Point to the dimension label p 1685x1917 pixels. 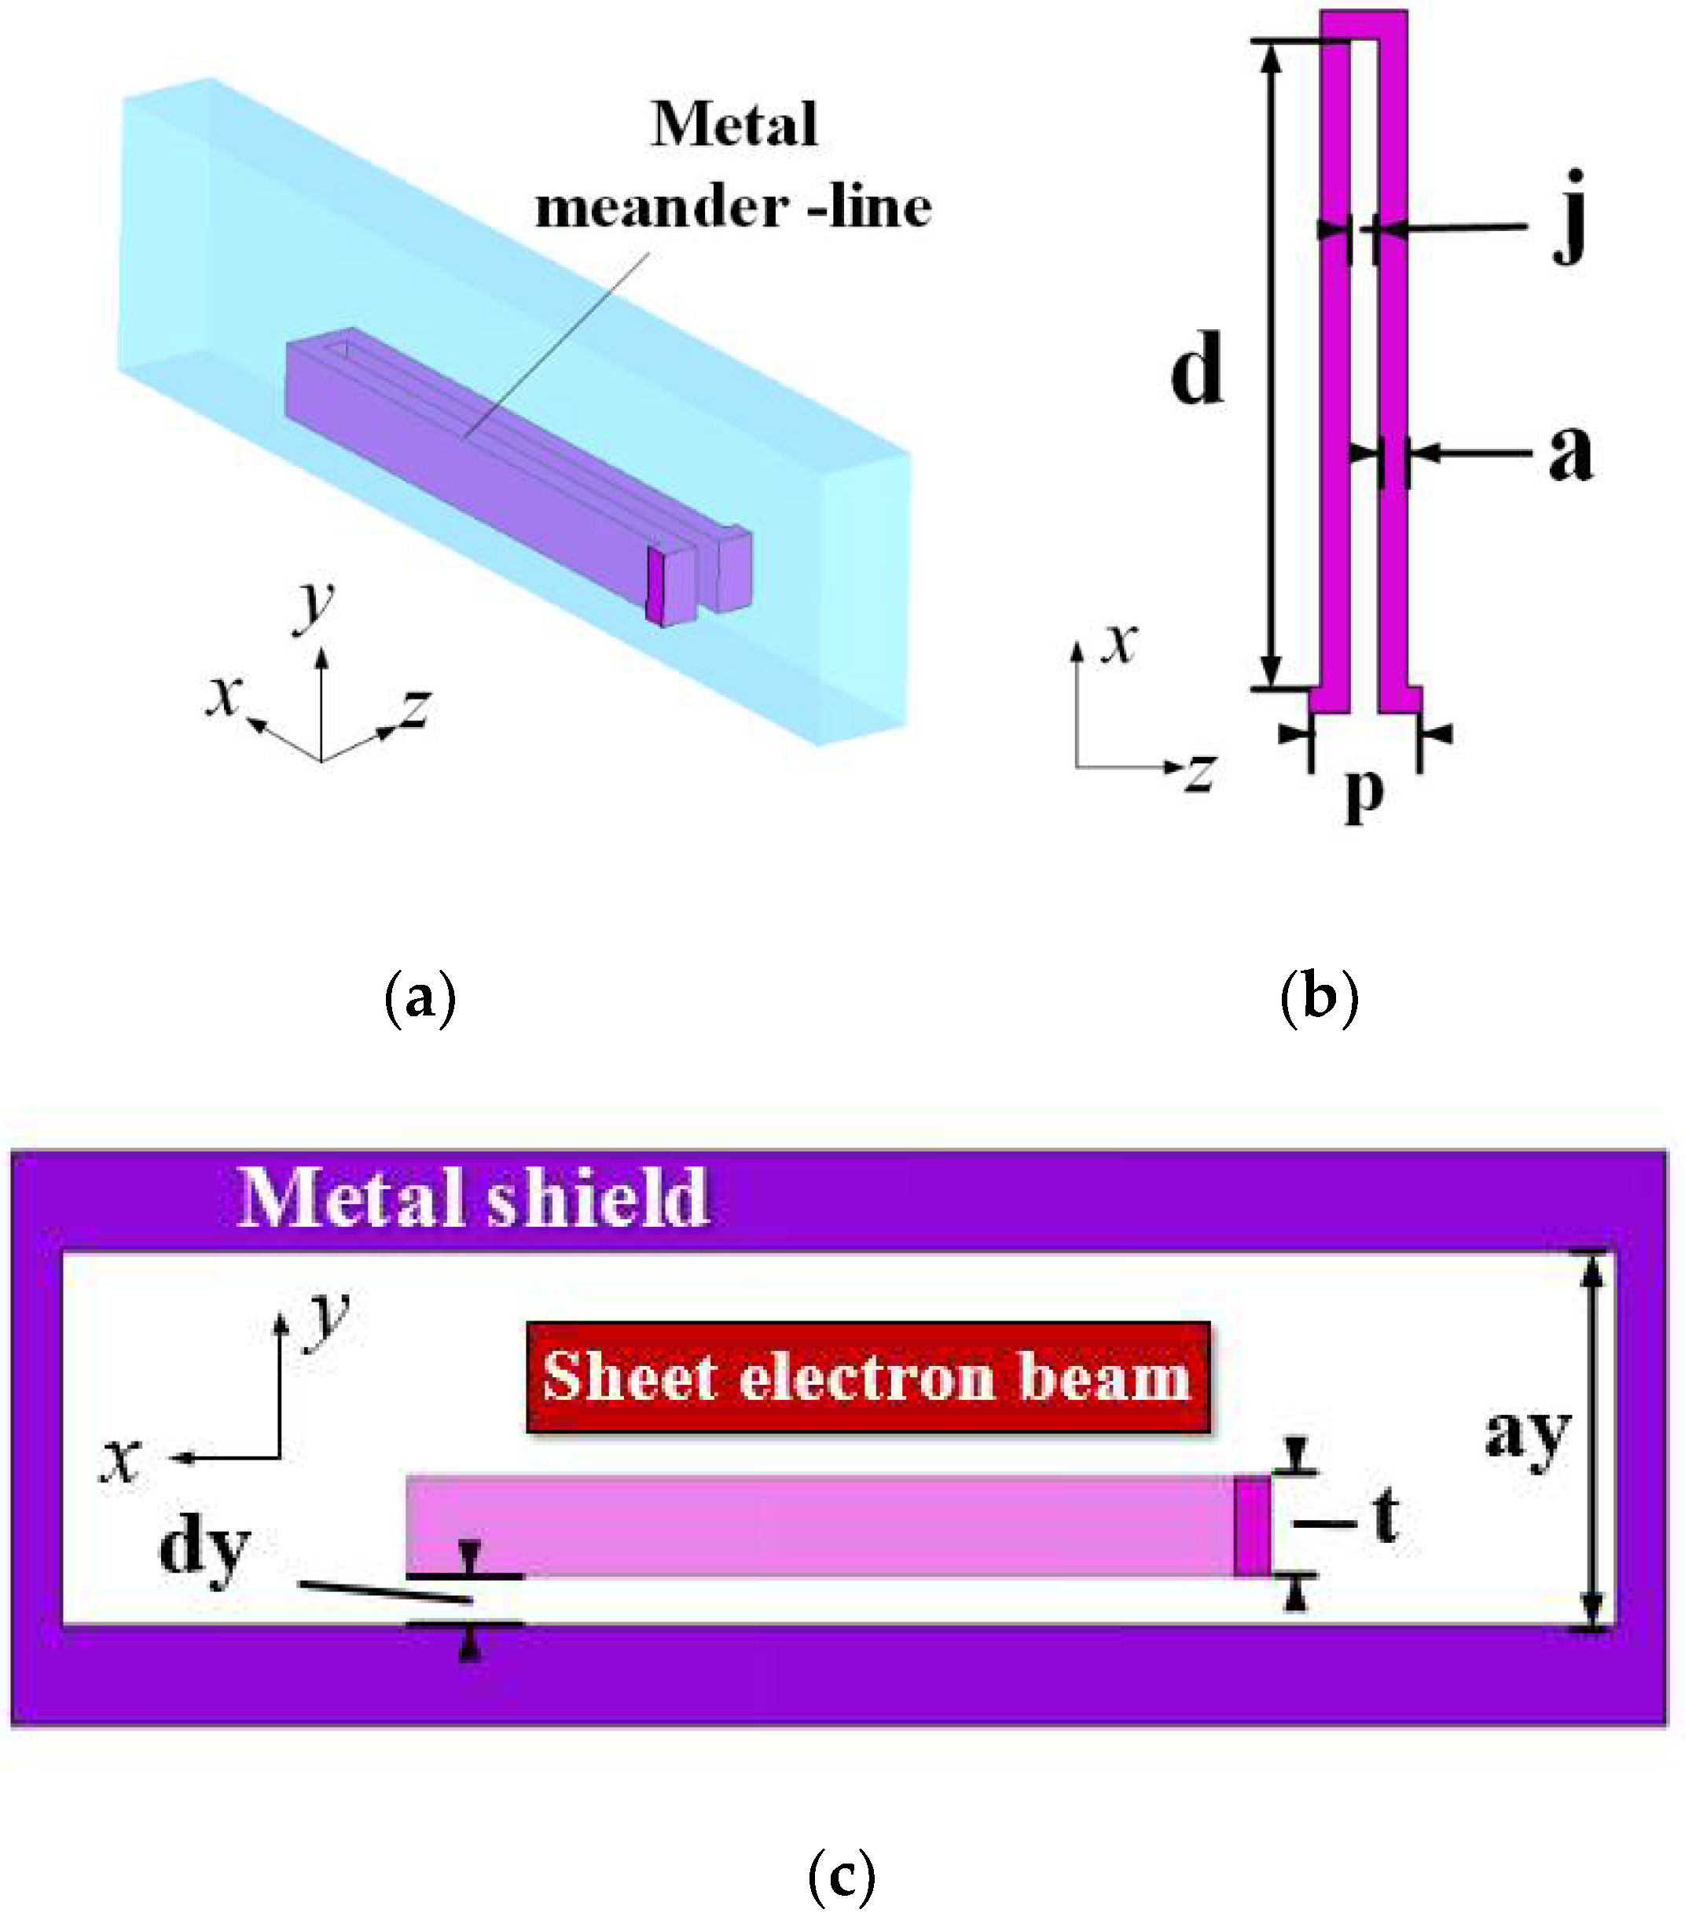[x=1364, y=792]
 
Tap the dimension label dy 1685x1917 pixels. [x=204, y=1548]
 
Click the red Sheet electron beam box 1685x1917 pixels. [x=868, y=1377]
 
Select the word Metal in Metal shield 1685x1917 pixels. [x=351, y=1198]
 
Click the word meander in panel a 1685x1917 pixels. [x=661, y=207]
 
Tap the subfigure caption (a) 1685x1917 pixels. [x=420, y=998]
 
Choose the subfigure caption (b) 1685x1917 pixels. [x=1318, y=998]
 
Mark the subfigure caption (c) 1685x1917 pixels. [x=841, y=1875]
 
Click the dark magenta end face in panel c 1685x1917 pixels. [x=1252, y=1526]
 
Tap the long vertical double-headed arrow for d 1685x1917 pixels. [x=1271, y=365]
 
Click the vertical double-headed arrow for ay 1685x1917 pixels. [x=1591, y=1441]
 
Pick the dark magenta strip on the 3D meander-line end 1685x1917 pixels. [x=655, y=587]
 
